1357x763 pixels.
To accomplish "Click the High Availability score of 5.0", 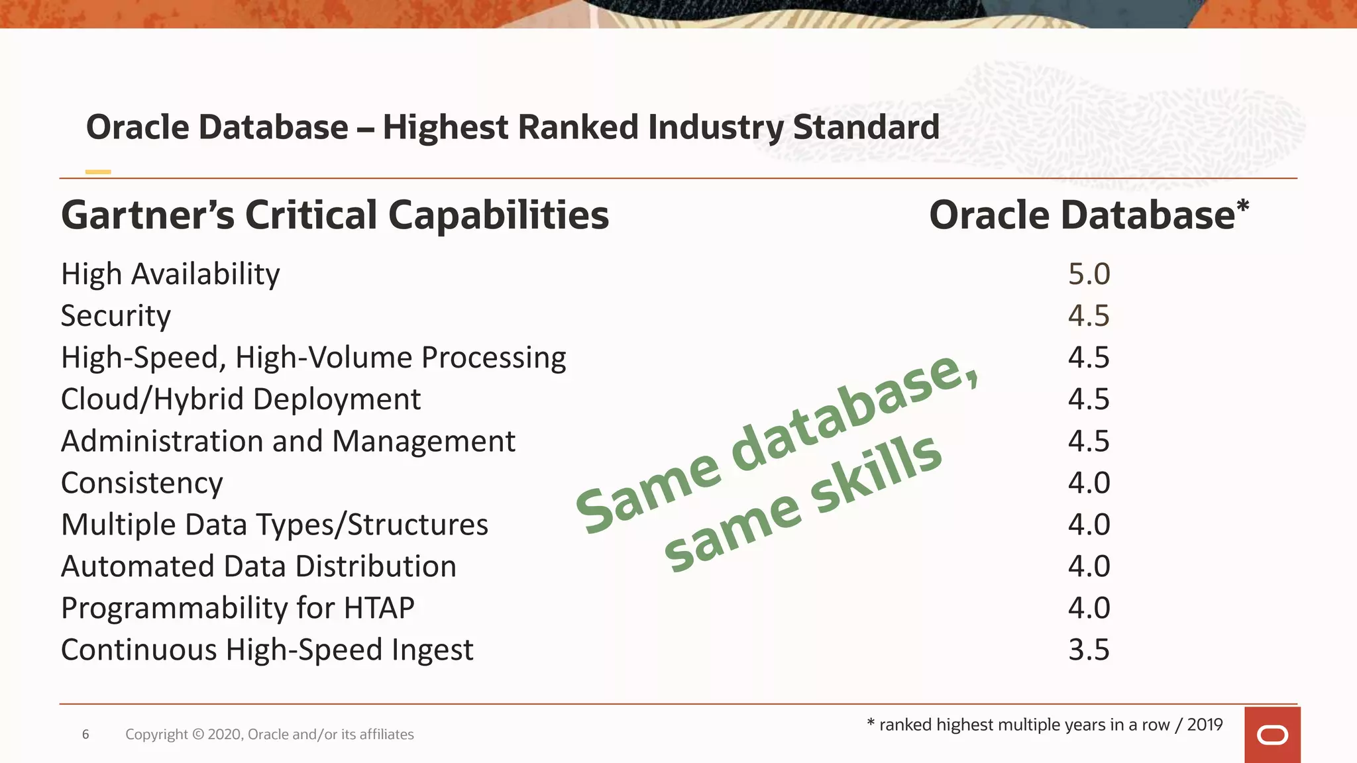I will point(1089,274).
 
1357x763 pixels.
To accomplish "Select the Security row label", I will point(116,316).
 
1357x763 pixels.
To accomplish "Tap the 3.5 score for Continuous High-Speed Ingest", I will point(1089,650).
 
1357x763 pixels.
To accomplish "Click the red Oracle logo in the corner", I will point(1272,735).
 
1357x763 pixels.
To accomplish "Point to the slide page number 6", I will point(85,734).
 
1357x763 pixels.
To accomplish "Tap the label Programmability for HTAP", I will point(237,608).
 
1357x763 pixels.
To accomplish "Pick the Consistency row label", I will point(142,483).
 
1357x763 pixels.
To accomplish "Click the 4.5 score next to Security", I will point(1089,316).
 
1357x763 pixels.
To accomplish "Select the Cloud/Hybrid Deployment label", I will point(241,399).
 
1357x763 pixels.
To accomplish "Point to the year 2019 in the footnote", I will point(1205,725).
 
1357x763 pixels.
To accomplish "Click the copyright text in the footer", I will point(269,734).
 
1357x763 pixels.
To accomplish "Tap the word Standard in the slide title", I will point(865,127).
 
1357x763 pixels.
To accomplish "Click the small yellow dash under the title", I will point(98,172).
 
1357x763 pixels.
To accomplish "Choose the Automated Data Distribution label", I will point(258,566).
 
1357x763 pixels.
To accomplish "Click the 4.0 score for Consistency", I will point(1089,483).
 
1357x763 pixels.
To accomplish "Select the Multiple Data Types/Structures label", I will point(274,525).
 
